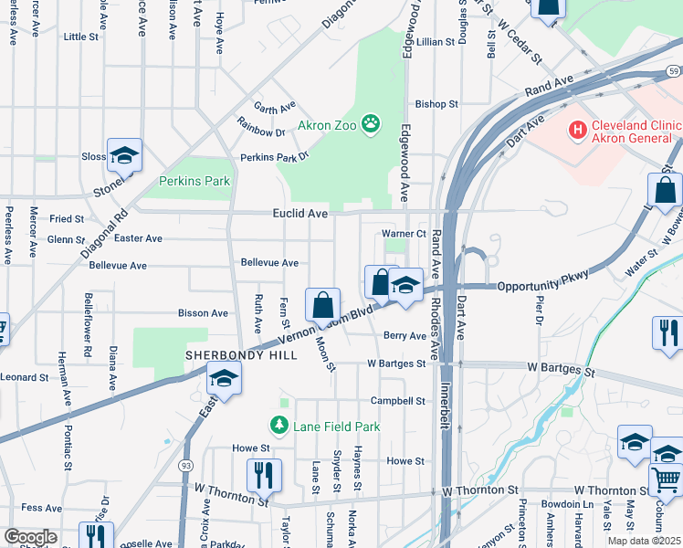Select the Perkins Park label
194,181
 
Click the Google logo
29,537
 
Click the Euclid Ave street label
299,213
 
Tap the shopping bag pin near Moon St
322,305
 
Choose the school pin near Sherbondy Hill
224,378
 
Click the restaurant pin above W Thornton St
264,475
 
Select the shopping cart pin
667,478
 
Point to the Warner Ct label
404,234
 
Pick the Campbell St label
397,401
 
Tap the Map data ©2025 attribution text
644,541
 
